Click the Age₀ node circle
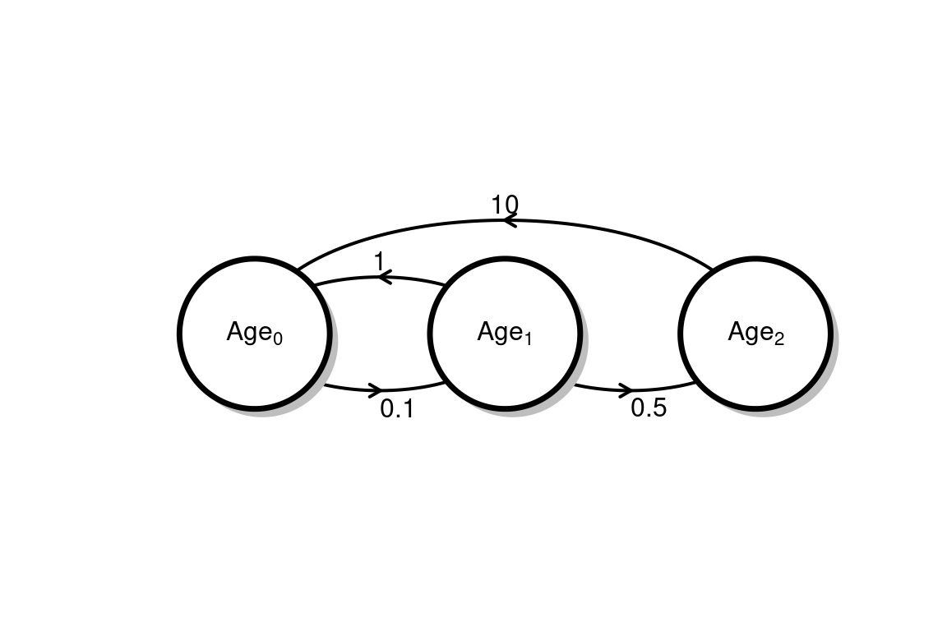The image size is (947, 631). (x=254, y=362)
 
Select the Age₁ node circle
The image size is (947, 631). (x=505, y=362)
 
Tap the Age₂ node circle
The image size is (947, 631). (x=755, y=362)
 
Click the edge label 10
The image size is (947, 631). (x=504, y=204)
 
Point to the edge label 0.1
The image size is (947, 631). (x=397, y=408)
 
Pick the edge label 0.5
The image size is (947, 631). (x=649, y=408)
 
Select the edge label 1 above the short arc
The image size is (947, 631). (x=379, y=261)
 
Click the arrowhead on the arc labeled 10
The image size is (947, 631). (x=509, y=220)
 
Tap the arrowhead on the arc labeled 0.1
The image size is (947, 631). (x=377, y=389)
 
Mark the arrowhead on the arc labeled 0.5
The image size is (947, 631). (x=628, y=389)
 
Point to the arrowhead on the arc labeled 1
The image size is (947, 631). (x=383, y=278)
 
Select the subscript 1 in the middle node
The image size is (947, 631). (x=528, y=339)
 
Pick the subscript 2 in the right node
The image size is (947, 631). (x=778, y=339)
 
